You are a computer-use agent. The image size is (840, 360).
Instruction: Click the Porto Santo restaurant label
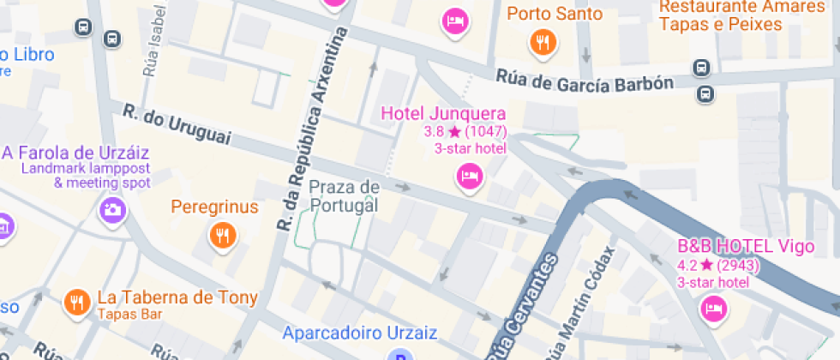click(x=555, y=15)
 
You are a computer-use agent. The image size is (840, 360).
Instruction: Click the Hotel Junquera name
click(x=443, y=113)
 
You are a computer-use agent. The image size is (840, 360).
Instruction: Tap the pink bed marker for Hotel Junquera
click(x=468, y=177)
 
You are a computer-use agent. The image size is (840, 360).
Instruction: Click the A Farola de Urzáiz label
click(x=76, y=153)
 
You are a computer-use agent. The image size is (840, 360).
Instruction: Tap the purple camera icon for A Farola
click(x=111, y=209)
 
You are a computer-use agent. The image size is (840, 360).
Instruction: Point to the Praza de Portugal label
click(x=344, y=196)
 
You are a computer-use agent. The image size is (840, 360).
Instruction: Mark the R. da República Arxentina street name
click(x=314, y=129)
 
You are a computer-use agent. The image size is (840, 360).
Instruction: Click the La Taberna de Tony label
click(x=177, y=297)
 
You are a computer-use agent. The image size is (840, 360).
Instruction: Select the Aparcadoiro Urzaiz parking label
click(x=360, y=333)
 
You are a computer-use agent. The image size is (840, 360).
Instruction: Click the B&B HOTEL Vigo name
click(x=745, y=247)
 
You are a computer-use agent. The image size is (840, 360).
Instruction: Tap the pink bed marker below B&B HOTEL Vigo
click(x=713, y=309)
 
